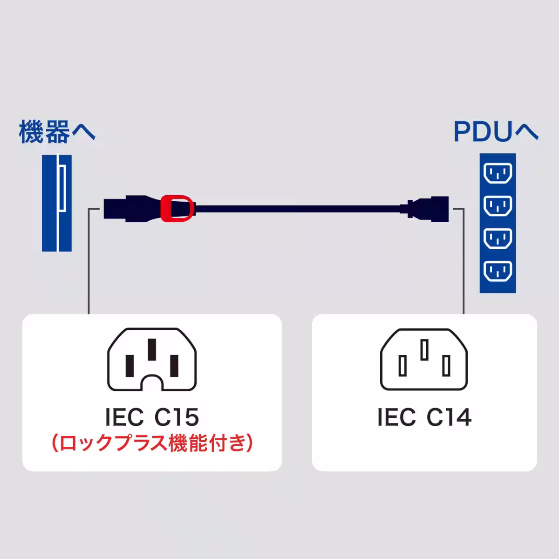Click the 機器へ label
(57, 132)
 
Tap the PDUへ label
(496, 132)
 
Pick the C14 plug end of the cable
(428, 207)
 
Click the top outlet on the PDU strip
(498, 175)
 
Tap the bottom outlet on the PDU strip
(498, 272)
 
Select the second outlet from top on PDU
(498, 205)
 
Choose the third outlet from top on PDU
(498, 239)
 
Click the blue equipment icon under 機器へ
(55, 203)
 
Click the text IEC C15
(152, 417)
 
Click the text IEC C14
(424, 417)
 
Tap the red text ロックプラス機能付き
(152, 443)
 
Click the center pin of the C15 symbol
(152, 350)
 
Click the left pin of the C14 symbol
(402, 366)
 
